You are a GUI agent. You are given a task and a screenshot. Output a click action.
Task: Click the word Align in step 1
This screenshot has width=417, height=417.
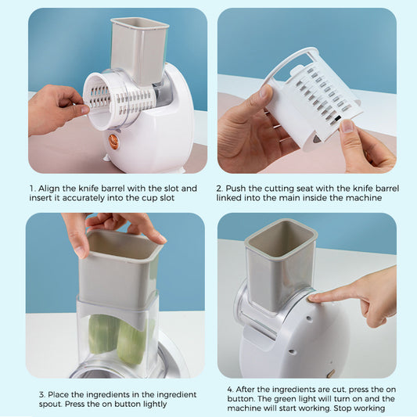coord(50,189)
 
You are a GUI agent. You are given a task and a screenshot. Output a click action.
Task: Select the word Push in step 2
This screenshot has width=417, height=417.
coord(238,189)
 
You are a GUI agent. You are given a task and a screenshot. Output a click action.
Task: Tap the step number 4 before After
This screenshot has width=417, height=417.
coord(230,388)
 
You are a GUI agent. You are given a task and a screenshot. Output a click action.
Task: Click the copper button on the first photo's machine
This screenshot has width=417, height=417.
coord(113,141)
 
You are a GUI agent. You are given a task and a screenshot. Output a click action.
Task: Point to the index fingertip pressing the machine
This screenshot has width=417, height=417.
coord(313,297)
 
